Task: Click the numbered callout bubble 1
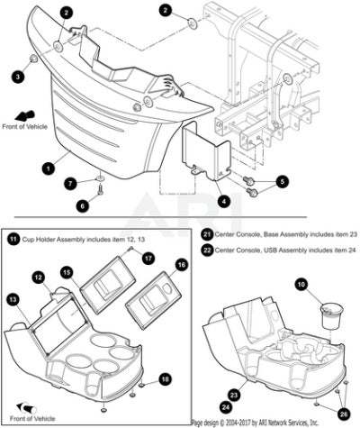49,168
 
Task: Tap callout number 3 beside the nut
18,77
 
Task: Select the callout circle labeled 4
223,201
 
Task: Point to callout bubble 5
283,181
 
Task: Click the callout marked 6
83,205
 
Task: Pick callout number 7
70,183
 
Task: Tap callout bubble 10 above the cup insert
301,285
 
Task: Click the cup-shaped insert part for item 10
332,316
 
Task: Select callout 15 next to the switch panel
67,273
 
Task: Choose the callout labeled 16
182,265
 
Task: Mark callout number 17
148,258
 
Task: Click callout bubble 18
165,379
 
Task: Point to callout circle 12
39,278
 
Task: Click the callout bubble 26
344,414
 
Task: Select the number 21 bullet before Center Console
207,234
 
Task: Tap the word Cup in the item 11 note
28,240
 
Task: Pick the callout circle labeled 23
234,395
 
